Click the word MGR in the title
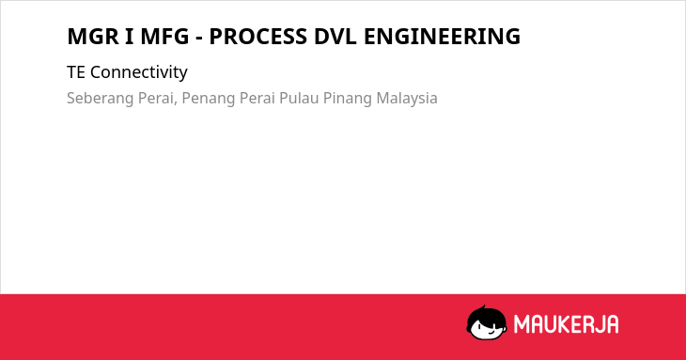[93, 37]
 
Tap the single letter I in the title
[130, 37]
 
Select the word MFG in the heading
[164, 37]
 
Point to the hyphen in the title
[199, 39]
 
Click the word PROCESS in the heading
[258, 37]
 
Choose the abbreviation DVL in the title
[335, 37]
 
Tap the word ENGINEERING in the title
[442, 37]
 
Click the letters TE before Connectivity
[76, 72]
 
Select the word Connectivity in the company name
[139, 72]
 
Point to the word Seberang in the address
[101, 98]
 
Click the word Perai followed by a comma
[158, 98]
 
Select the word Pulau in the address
[299, 98]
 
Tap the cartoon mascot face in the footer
[487, 323]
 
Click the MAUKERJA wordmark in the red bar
[566, 324]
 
